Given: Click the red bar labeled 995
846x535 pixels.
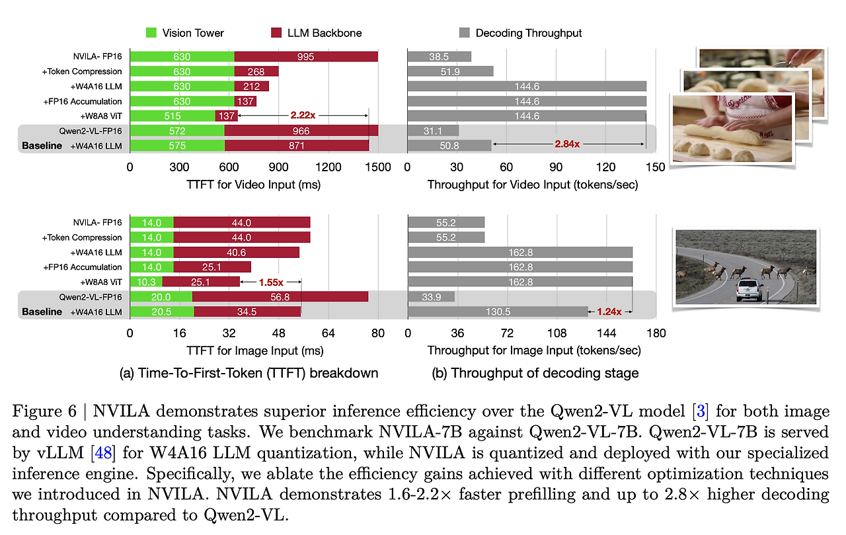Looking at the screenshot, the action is coord(306,57).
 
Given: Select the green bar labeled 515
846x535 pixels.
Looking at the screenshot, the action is coord(173,116).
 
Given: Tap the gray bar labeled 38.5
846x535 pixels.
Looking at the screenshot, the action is coord(440,57).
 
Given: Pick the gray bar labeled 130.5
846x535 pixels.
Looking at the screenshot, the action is coord(498,311).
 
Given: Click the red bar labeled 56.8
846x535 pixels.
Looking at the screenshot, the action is coord(280,297).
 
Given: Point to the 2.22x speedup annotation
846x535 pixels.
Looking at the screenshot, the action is coord(303,115).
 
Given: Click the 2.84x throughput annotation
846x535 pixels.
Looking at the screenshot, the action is coord(567,144).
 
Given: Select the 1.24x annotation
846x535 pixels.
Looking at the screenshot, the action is coord(609,311).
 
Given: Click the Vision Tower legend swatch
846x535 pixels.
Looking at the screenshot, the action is coord(151,33).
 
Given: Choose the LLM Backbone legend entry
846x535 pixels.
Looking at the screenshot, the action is coord(317,33).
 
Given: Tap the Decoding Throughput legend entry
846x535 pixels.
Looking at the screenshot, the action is coord(520,33).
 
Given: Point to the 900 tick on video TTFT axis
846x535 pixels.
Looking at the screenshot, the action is coord(278,167).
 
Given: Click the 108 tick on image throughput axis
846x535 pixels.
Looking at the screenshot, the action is coord(557,333).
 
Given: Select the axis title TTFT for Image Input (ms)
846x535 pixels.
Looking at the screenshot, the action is coord(255,350).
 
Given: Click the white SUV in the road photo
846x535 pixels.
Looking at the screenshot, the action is coord(749,290).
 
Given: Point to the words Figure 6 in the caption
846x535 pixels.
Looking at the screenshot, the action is coord(44,411).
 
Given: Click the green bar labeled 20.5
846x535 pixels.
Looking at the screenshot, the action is coord(162,311).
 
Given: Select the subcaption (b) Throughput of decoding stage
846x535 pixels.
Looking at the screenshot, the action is coord(535,373).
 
